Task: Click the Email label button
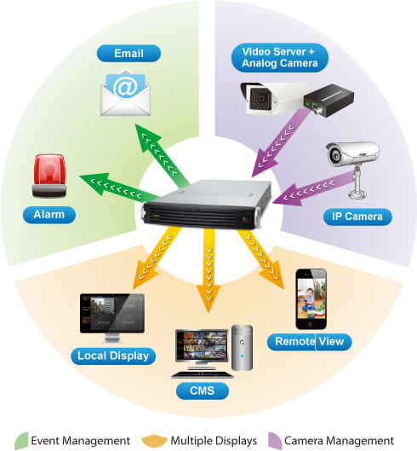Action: click(x=129, y=53)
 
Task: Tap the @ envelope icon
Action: click(x=125, y=92)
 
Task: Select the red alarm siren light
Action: click(x=49, y=176)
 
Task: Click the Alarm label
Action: click(x=49, y=215)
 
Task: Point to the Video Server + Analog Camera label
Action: click(x=280, y=57)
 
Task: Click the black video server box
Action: click(x=328, y=100)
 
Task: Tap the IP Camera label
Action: click(x=357, y=217)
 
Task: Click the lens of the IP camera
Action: click(x=334, y=154)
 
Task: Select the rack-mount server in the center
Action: click(x=208, y=205)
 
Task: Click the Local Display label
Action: click(x=113, y=356)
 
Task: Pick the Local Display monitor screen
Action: click(x=112, y=314)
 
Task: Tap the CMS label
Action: click(x=203, y=390)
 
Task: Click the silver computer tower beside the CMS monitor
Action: click(x=242, y=348)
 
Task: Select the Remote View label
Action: click(x=309, y=342)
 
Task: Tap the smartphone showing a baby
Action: click(x=311, y=299)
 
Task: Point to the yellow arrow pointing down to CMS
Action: click(x=208, y=270)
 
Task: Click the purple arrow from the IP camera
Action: click(x=313, y=188)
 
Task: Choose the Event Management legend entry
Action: click(x=72, y=441)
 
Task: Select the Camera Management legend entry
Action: click(x=331, y=441)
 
